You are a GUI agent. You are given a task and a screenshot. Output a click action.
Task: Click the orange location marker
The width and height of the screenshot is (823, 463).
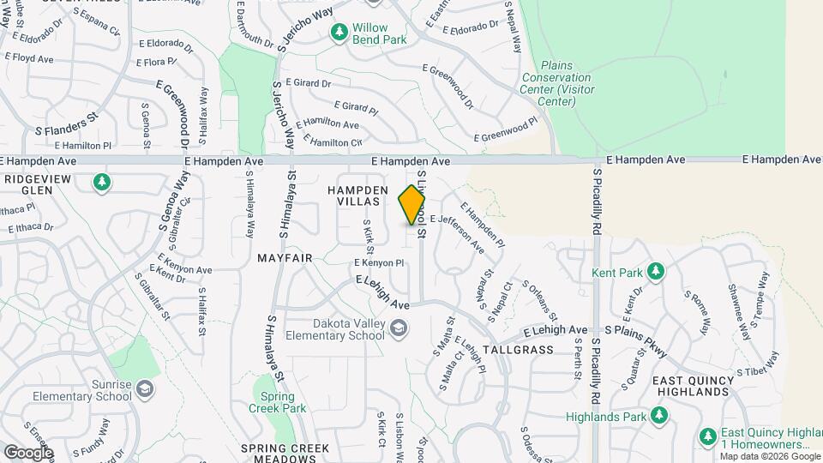tap(412, 204)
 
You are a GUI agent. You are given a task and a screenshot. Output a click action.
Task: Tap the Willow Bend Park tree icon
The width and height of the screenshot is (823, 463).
tap(339, 32)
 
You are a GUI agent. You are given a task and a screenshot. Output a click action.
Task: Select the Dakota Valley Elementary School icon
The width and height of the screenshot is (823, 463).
tap(398, 328)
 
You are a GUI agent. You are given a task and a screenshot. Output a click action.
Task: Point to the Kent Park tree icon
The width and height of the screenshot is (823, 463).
tap(656, 271)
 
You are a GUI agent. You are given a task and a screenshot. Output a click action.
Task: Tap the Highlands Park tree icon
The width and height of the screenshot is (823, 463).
tap(658, 416)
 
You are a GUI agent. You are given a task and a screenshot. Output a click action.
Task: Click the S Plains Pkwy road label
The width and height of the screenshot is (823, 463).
tap(635, 330)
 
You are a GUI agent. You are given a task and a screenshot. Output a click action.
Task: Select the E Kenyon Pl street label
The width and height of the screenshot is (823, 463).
tap(378, 262)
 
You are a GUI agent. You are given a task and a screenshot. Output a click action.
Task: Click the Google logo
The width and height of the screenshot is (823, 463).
tap(28, 452)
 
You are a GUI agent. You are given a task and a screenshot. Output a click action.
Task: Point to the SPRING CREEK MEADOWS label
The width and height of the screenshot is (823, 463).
tap(285, 454)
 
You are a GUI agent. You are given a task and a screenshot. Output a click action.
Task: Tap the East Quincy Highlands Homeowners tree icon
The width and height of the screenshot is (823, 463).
tap(707, 435)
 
